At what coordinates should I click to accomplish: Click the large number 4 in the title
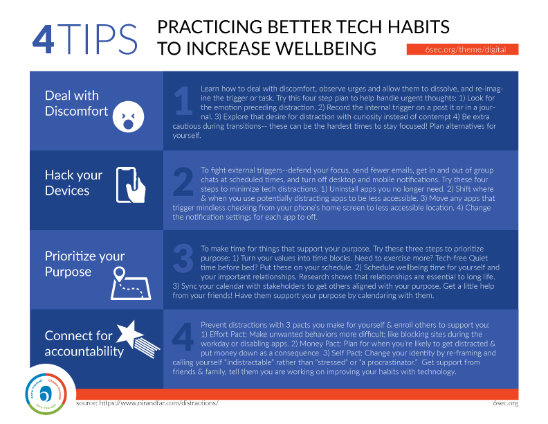(44, 39)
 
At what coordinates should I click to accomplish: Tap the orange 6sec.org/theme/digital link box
(462, 49)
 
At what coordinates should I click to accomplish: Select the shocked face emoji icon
(128, 116)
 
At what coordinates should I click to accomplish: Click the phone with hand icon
(131, 185)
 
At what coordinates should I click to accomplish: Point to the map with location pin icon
(130, 283)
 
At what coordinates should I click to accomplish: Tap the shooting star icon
(138, 339)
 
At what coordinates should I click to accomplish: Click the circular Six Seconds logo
(46, 394)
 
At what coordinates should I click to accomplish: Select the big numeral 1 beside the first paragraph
(184, 100)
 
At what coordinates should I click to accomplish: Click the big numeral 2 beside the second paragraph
(183, 182)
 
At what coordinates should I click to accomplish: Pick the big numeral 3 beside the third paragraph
(183, 259)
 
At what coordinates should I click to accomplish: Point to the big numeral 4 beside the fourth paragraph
(183, 337)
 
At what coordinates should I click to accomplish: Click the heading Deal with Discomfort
(77, 103)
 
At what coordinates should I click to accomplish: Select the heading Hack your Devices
(73, 183)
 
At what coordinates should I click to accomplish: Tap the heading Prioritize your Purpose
(84, 264)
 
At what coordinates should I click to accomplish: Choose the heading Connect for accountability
(84, 343)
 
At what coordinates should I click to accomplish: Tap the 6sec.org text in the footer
(506, 403)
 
